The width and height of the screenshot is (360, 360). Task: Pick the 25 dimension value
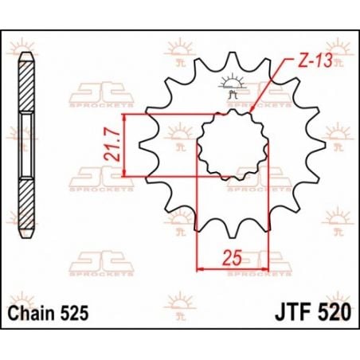pyautogui.click(x=231, y=259)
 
